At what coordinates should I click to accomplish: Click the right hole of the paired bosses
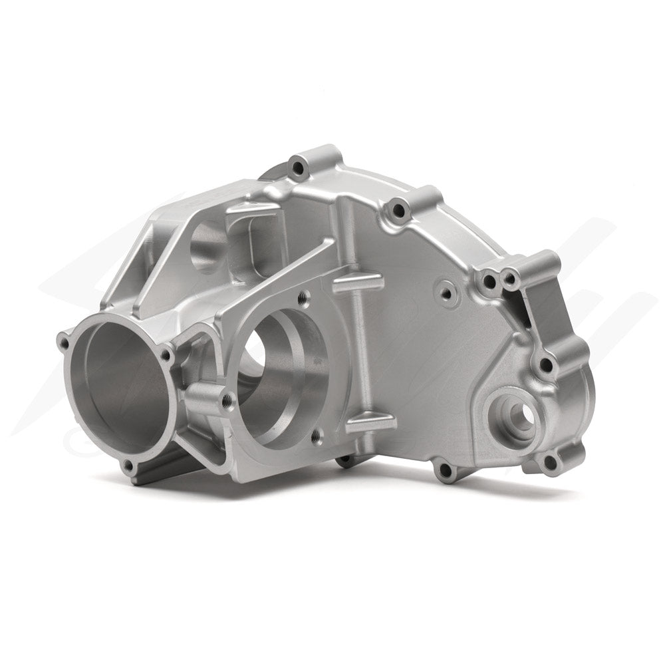pos(510,281)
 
